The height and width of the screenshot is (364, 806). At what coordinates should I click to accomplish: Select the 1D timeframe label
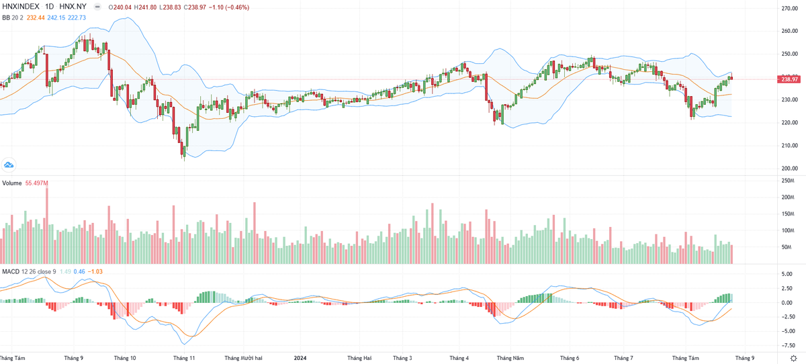(x=50, y=7)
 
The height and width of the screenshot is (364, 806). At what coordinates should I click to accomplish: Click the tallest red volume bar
(x=47, y=225)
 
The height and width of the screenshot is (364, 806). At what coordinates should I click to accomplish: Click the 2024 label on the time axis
(x=300, y=358)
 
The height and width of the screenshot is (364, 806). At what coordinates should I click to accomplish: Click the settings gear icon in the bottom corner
(x=793, y=358)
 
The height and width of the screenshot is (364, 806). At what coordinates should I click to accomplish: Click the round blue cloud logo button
(x=9, y=165)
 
